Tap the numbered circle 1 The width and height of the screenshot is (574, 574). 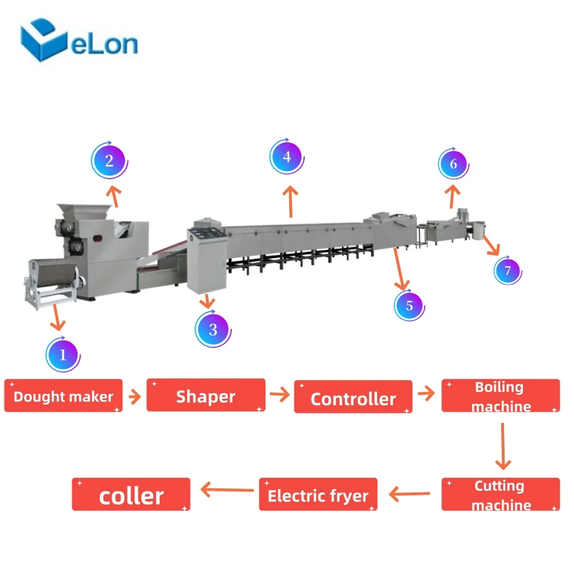pos(63,355)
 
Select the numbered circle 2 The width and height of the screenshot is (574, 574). pos(109,161)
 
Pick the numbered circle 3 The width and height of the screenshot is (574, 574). pos(213,329)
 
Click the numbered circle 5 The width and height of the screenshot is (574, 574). pos(409,305)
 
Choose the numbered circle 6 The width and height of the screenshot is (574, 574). pos(453,164)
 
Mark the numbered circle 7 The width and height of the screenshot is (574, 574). pos(507,270)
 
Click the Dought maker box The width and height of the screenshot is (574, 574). pos(63,395)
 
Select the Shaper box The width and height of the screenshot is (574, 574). pos(205,395)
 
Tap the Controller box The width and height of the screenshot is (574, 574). pos(353,397)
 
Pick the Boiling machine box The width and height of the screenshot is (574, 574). pos(500,395)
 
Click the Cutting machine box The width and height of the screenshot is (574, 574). pos(500,494)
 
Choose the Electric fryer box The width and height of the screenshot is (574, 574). pos(318,494)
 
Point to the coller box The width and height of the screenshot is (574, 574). pos(131,494)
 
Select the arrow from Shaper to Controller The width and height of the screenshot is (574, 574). pos(280,394)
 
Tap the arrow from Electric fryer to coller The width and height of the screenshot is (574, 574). pos(226,490)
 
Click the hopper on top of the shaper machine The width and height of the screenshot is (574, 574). pos(80,211)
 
